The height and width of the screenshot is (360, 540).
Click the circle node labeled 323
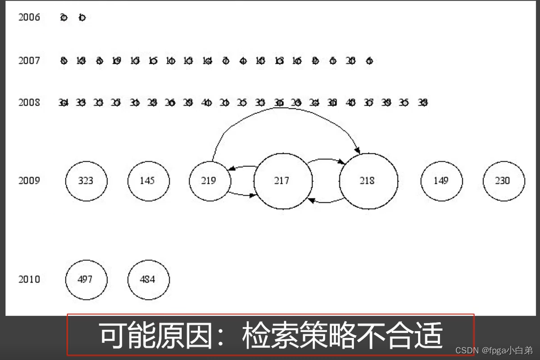[x=86, y=180]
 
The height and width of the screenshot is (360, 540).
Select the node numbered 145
[x=148, y=180]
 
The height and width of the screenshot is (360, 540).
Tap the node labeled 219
[x=209, y=180]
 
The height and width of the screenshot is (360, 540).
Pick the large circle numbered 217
[x=283, y=180]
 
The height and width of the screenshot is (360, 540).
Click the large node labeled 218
[x=368, y=180]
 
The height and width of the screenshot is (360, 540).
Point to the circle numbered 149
[x=441, y=180]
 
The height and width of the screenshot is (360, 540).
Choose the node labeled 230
[x=503, y=180]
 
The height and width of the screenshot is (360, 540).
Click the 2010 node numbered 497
[x=86, y=279]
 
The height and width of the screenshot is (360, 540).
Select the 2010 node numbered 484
[x=148, y=279]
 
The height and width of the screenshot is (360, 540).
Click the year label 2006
[x=29, y=17]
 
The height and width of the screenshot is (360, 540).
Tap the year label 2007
[x=29, y=60]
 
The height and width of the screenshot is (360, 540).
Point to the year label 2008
[x=29, y=102]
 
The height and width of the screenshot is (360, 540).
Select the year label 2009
[x=29, y=180]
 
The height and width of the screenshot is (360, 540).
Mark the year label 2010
[x=29, y=279]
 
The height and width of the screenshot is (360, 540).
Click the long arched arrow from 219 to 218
[x=283, y=108]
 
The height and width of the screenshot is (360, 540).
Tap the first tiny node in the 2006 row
[x=64, y=18]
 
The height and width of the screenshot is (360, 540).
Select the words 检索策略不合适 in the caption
[x=343, y=335]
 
